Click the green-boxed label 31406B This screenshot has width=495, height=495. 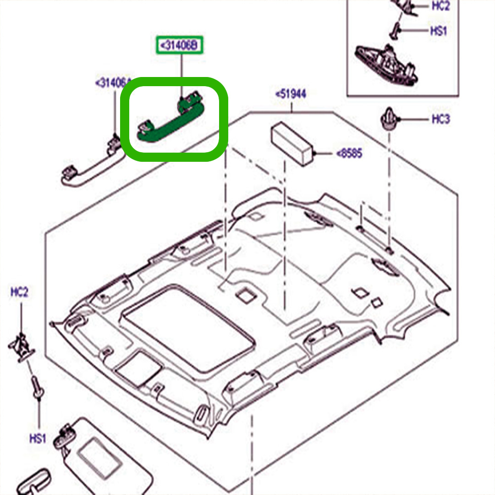click(x=180, y=45)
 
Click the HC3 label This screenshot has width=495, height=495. click(x=440, y=119)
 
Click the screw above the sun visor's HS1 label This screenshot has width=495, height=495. click(x=37, y=388)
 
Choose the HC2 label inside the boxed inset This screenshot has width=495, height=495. click(x=440, y=6)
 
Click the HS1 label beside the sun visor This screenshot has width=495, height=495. click(x=38, y=439)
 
